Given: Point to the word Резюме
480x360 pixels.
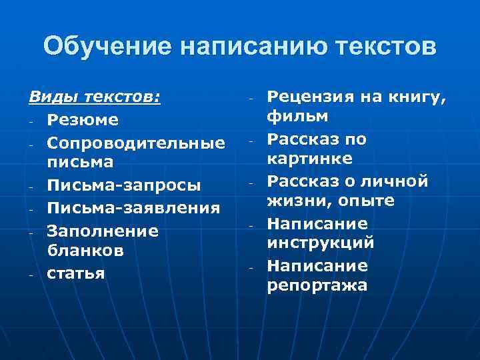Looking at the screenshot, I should pyautogui.click(x=83, y=120).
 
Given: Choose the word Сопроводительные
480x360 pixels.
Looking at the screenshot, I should pyautogui.click(x=136, y=142).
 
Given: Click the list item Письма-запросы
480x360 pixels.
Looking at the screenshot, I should pyautogui.click(x=124, y=185).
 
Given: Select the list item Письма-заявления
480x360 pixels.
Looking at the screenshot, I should pyautogui.click(x=133, y=208).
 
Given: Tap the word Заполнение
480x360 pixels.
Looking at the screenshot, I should pyautogui.click(x=103, y=231).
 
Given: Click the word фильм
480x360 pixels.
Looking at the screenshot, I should pyautogui.click(x=297, y=118).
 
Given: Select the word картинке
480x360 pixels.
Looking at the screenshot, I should pyautogui.click(x=310, y=160).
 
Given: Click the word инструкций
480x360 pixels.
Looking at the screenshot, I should pyautogui.click(x=320, y=243).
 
